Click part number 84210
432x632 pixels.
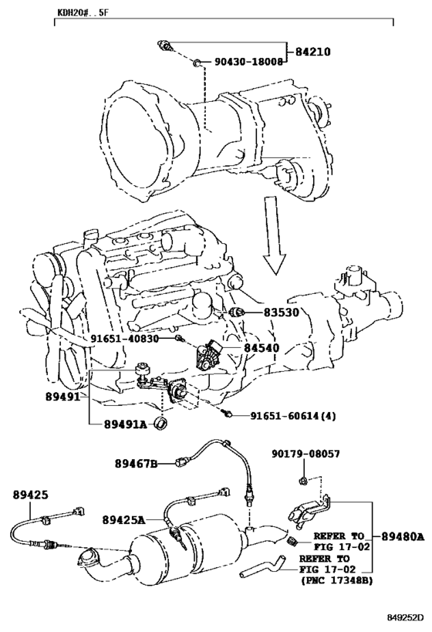pos(312,52)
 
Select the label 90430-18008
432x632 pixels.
pos(248,62)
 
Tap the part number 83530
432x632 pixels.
pos(282,312)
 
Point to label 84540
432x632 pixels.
pos(262,347)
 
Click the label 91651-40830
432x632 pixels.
pos(124,338)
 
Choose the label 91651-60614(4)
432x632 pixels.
pos(293,416)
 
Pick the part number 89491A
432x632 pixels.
pos(126,424)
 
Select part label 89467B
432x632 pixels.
pos(137,464)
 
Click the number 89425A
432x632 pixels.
pos(123,520)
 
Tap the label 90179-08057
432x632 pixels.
pos(305,454)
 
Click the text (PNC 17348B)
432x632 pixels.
pos(336,580)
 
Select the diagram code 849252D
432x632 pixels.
pos(406,617)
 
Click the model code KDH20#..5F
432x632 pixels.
pos(83,12)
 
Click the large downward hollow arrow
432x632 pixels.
pos(275,235)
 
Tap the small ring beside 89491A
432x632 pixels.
pos(162,424)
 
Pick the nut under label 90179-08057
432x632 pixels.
pos(303,480)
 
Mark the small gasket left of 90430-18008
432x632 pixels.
pos(197,62)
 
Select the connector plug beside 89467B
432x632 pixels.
pos(182,463)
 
